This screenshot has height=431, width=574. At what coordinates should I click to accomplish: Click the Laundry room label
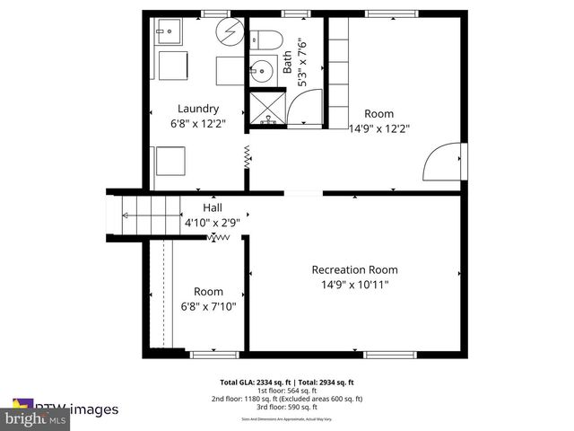pos(197,109)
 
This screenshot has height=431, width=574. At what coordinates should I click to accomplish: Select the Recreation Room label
pos(354,269)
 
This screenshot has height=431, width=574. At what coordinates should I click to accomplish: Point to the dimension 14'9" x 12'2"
pos(378,128)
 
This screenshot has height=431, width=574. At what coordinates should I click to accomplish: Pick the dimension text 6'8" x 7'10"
pos(208,306)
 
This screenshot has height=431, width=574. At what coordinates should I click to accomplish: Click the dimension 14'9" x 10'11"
pos(354,285)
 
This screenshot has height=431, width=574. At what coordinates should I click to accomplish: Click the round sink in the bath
pos(263,68)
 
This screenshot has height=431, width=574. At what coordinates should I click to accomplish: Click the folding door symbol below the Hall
pos(218,237)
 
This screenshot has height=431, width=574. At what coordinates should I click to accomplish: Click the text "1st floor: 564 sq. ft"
pos(287,390)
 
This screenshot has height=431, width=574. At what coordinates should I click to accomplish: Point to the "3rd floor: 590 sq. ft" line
pos(287,407)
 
